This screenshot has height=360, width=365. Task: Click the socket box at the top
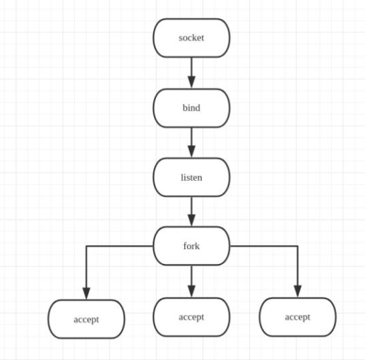tap(191, 37)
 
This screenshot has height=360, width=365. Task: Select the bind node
tap(191, 107)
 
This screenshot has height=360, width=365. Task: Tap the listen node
tap(191, 176)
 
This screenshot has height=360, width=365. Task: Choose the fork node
tap(191, 246)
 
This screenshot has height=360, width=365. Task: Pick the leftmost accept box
tap(86, 319)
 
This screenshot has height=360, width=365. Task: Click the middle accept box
tap(191, 317)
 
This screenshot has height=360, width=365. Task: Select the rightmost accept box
tap(297, 317)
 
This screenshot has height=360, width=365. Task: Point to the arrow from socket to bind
tap(191, 71)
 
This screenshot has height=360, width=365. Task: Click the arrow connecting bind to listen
tap(191, 141)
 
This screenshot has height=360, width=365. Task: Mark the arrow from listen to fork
tap(191, 210)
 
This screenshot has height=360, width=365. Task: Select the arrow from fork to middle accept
tap(191, 280)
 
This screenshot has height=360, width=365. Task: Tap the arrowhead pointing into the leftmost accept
tap(86, 293)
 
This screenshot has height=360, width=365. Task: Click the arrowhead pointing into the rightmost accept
tap(297, 292)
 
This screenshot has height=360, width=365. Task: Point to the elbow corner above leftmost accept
tap(86, 246)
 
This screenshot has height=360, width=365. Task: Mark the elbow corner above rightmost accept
tap(297, 246)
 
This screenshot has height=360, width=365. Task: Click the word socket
tap(191, 37)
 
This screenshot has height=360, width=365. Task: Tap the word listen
tap(191, 176)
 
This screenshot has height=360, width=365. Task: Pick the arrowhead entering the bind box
tap(191, 83)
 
